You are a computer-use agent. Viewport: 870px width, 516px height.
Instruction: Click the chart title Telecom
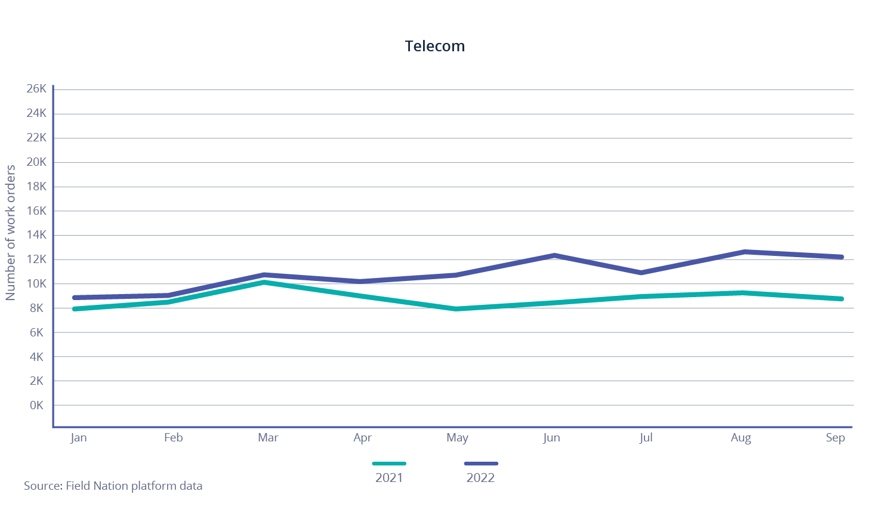coord(434,46)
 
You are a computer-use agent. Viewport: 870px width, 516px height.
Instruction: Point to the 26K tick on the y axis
coord(36,89)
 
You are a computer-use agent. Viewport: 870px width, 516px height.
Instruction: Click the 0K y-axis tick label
coord(36,405)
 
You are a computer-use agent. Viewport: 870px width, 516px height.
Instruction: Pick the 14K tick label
coord(36,235)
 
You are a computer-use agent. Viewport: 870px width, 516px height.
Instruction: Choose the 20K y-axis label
coord(36,162)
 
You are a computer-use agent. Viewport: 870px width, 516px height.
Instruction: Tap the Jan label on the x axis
coord(79,437)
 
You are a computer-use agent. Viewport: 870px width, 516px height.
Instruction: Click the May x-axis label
coord(457,437)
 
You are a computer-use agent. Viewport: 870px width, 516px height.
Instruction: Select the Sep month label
coord(835,437)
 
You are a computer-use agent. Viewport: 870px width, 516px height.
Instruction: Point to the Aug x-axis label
coord(741,437)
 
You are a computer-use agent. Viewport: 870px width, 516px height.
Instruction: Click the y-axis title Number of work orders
coord(10,233)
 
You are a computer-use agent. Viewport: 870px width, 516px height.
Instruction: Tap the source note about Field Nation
coord(113,486)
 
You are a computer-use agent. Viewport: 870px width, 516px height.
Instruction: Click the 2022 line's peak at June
coord(555,255)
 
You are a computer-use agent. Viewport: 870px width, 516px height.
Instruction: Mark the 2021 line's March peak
coord(264,282)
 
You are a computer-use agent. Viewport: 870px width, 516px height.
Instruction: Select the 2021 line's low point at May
coord(456,309)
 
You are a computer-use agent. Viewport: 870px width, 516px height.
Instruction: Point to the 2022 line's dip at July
coord(641,273)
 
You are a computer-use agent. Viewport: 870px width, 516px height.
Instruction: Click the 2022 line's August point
coord(744,252)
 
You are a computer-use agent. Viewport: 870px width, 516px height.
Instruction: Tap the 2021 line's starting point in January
coord(75,309)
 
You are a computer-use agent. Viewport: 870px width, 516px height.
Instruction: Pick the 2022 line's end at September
coord(841,257)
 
